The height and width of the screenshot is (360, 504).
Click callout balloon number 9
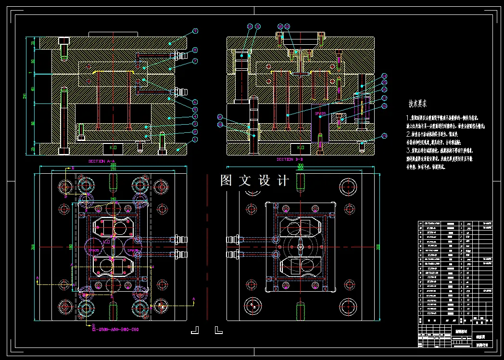click(x=195, y=31)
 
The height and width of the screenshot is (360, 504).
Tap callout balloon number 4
click(x=195, y=116)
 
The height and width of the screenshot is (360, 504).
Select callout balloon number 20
click(x=220, y=125)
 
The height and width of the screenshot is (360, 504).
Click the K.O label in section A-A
click(x=113, y=147)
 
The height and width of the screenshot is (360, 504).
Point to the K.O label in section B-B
click(x=301, y=147)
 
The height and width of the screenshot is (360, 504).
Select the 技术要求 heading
click(x=417, y=103)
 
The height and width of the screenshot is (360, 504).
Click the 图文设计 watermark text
click(x=254, y=180)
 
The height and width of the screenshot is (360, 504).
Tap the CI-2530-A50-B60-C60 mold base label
click(x=115, y=330)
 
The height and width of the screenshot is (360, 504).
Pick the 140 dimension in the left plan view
click(x=113, y=198)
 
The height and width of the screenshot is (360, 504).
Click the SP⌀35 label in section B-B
click(x=320, y=114)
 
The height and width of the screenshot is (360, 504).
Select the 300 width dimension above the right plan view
click(x=300, y=165)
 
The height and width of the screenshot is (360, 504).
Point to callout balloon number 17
click(x=384, y=98)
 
